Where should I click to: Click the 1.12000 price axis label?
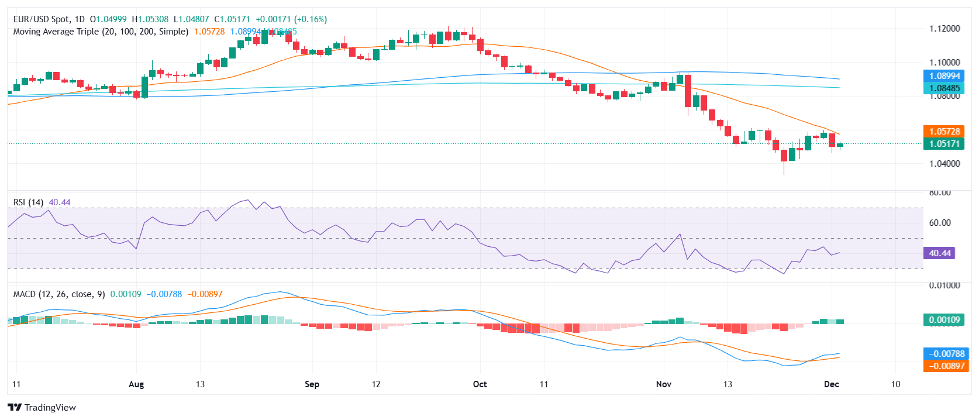(x=944, y=29)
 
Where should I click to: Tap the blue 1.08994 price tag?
(x=944, y=76)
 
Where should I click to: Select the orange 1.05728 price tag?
(x=944, y=132)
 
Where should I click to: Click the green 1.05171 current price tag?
(x=944, y=144)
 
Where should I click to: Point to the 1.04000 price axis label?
(x=944, y=164)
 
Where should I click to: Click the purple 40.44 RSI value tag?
(x=939, y=253)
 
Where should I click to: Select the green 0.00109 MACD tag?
(x=944, y=320)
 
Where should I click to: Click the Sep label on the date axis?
(x=312, y=384)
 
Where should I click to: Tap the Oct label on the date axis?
(x=480, y=384)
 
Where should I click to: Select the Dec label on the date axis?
(x=831, y=384)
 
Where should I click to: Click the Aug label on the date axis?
(x=136, y=384)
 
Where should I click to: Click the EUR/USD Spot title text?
(x=42, y=19)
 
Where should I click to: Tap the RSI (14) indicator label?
(x=28, y=202)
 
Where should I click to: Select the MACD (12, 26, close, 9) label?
(x=59, y=294)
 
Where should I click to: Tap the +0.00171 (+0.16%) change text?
(x=291, y=19)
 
